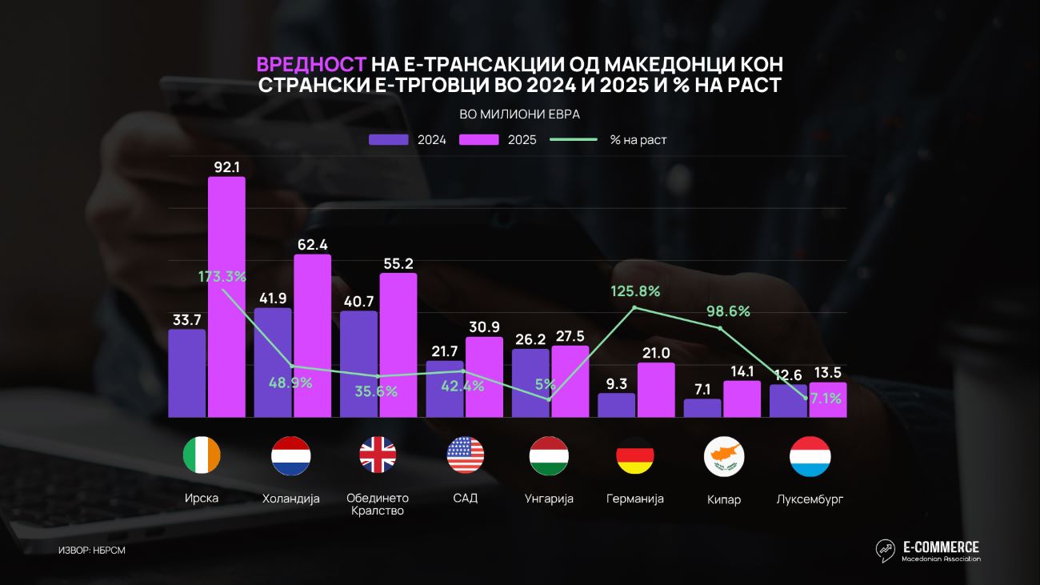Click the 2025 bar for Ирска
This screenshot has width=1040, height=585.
226,297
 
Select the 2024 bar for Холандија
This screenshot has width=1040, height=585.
273,363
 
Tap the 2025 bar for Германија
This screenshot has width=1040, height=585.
656,390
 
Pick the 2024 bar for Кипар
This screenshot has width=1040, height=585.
702,407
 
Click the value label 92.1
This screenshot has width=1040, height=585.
226,167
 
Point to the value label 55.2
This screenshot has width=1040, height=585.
398,264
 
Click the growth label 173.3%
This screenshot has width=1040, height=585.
222,277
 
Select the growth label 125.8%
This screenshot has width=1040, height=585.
635,291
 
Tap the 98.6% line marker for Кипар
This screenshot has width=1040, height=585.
720,328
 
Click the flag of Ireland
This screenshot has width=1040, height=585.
202,455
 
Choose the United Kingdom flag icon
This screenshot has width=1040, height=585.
378,455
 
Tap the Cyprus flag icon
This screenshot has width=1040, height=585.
724,456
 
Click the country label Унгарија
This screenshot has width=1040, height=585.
549,499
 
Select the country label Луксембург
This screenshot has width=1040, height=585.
810,499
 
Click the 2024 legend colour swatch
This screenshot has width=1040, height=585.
389,140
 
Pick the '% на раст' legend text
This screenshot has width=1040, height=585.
638,140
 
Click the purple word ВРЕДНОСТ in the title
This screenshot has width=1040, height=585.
311,65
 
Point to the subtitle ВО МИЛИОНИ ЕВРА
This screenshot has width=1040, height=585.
519,114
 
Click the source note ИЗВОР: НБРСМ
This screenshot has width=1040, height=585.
92,550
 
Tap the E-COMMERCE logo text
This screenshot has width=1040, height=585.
941,547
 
